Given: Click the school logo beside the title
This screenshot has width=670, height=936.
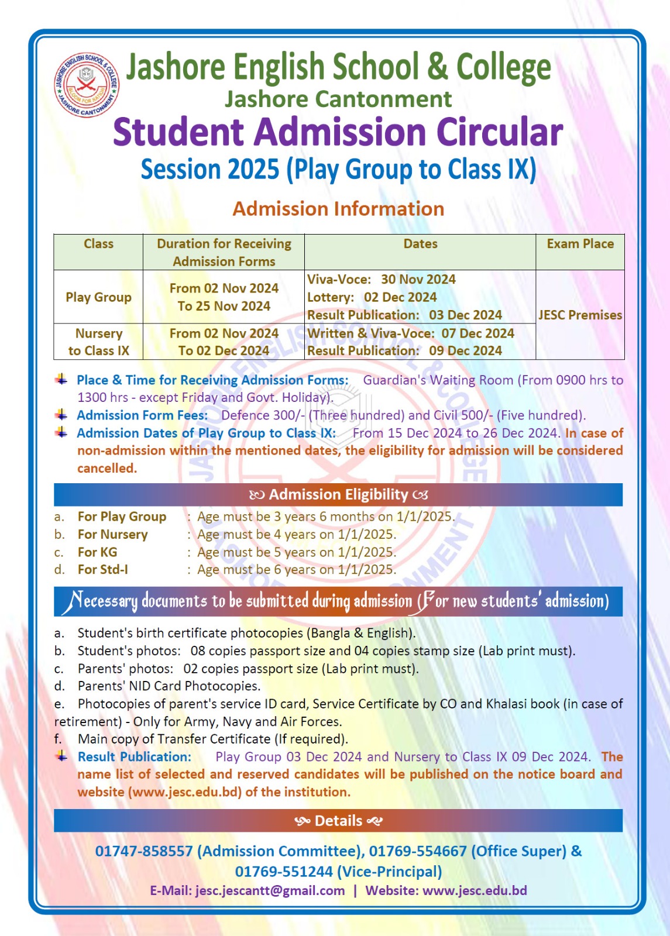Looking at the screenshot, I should pyautogui.click(x=87, y=85).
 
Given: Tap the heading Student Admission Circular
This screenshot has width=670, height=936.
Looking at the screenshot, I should pyautogui.click(x=338, y=132).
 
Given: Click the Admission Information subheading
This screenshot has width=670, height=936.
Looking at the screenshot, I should pyautogui.click(x=338, y=209).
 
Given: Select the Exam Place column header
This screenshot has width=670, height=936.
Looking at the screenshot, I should pyautogui.click(x=580, y=244).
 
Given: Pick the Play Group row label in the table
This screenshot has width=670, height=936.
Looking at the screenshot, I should pyautogui.click(x=98, y=297).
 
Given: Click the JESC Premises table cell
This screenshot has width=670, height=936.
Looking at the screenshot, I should pyautogui.click(x=580, y=315).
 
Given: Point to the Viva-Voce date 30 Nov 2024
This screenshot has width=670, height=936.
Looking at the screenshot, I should pyautogui.click(x=418, y=280).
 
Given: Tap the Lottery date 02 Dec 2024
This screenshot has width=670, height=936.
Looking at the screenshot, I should pyautogui.click(x=400, y=297).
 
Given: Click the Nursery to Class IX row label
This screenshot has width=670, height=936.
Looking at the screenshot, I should pyautogui.click(x=98, y=342).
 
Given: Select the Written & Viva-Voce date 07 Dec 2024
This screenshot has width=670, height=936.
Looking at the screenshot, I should pyautogui.click(x=477, y=333).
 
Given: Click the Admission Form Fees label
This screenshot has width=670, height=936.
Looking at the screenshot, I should pyautogui.click(x=142, y=415).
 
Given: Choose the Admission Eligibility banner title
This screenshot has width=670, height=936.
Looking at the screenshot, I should pyautogui.click(x=338, y=495).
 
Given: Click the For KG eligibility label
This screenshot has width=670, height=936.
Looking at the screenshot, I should pyautogui.click(x=97, y=552).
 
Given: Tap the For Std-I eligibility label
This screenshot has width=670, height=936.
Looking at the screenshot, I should pyautogui.click(x=102, y=570).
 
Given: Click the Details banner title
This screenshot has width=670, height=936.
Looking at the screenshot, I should pyautogui.click(x=338, y=821).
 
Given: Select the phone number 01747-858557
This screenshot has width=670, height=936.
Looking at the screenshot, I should pyautogui.click(x=144, y=851).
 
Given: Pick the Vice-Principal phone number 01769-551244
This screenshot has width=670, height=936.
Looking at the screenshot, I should pyautogui.click(x=284, y=872).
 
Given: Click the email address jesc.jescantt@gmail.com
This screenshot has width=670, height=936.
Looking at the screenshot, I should pyautogui.click(x=270, y=890).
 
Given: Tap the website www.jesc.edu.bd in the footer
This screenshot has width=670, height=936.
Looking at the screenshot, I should pyautogui.click(x=475, y=890).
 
